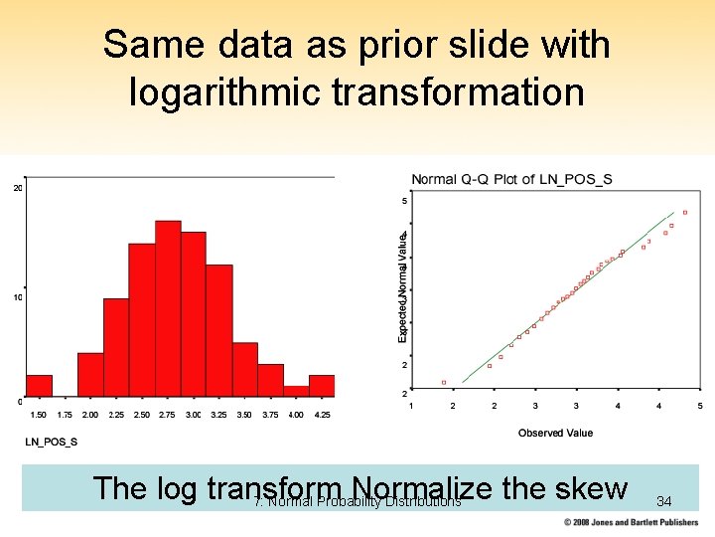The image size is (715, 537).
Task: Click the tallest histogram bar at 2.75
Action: pos(168,308)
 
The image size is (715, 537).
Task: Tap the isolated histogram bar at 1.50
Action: pos(39,386)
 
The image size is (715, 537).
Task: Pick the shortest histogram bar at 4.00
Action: pos(296,392)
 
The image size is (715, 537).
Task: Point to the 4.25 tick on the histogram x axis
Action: pos(322,415)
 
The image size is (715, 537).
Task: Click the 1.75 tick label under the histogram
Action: pos(65,415)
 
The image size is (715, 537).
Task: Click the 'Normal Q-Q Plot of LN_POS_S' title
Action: pos(511,179)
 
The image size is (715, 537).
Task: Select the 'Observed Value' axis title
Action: pos(555,433)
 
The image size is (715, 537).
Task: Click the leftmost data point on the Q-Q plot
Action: pos(444,382)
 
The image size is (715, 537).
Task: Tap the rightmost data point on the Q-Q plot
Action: pos(684,213)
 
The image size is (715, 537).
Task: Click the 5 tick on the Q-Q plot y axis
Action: pos(404,201)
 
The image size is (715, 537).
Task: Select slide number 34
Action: pos(664,502)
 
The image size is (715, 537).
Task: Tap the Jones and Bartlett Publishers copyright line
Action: pos(631,522)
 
